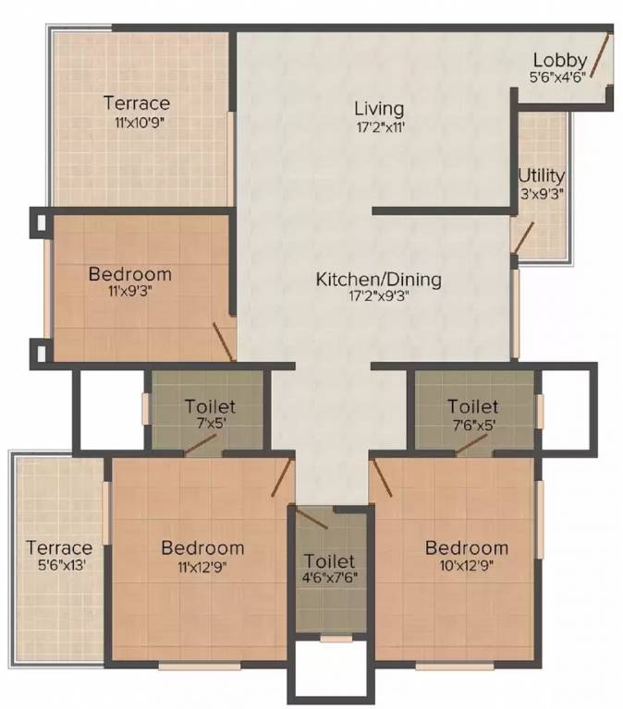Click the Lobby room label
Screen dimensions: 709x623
(560, 61)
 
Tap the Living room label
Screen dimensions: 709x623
(379, 109)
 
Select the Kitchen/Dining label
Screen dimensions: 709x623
(379, 279)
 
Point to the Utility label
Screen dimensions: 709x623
(542, 175)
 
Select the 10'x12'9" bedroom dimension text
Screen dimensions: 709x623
(467, 566)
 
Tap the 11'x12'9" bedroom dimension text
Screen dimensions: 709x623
(202, 566)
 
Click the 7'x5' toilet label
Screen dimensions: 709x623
(210, 406)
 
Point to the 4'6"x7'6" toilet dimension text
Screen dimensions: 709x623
(330, 579)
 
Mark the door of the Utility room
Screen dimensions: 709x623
(523, 236)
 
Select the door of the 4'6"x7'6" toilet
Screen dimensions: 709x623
(311, 517)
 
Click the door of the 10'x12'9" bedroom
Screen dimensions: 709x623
(381, 475)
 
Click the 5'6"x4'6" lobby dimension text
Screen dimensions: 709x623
(558, 78)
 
